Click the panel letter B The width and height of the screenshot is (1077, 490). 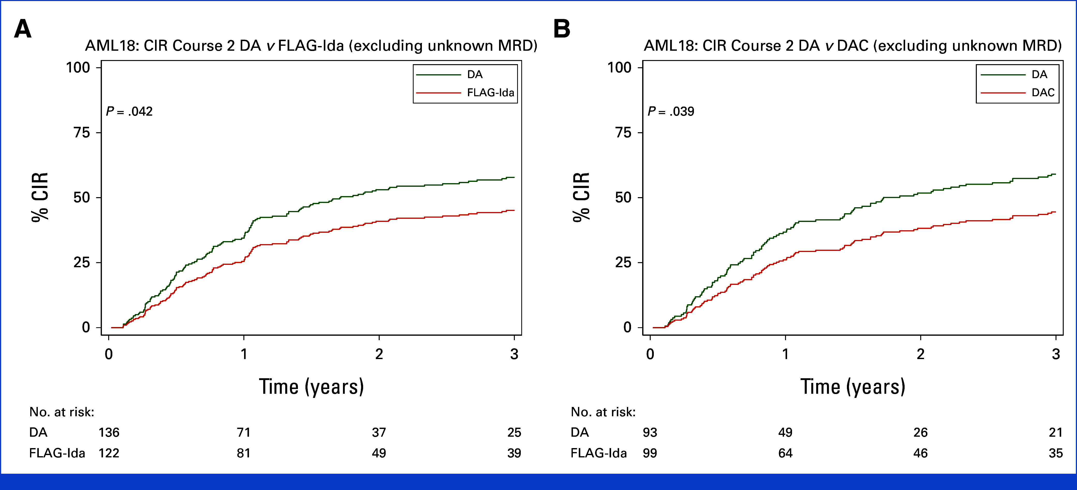point(562,29)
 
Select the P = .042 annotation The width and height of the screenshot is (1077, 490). point(129,112)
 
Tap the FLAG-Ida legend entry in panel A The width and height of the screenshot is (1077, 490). point(490,92)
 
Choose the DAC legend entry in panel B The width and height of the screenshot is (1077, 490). point(1043,92)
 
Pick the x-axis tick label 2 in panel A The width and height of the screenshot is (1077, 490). point(379,354)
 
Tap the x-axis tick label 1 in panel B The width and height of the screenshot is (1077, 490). point(785,354)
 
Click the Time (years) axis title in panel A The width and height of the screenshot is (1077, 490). point(311,387)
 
